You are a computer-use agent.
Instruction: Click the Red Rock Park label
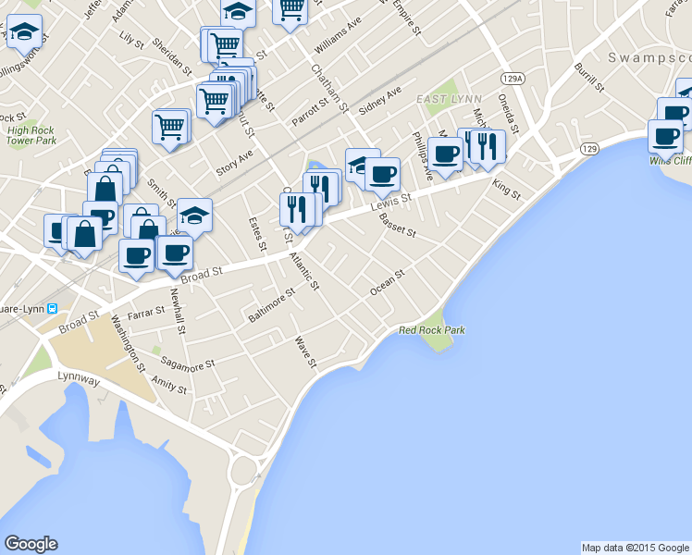[431, 329]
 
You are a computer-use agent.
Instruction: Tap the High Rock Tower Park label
[31, 136]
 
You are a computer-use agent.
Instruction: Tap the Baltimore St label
[270, 304]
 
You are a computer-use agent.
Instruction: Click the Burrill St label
[587, 78]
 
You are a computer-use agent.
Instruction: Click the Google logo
[31, 544]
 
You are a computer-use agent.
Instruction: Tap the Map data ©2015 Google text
[635, 548]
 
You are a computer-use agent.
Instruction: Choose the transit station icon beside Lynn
[53, 309]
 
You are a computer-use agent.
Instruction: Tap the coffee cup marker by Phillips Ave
[445, 154]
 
